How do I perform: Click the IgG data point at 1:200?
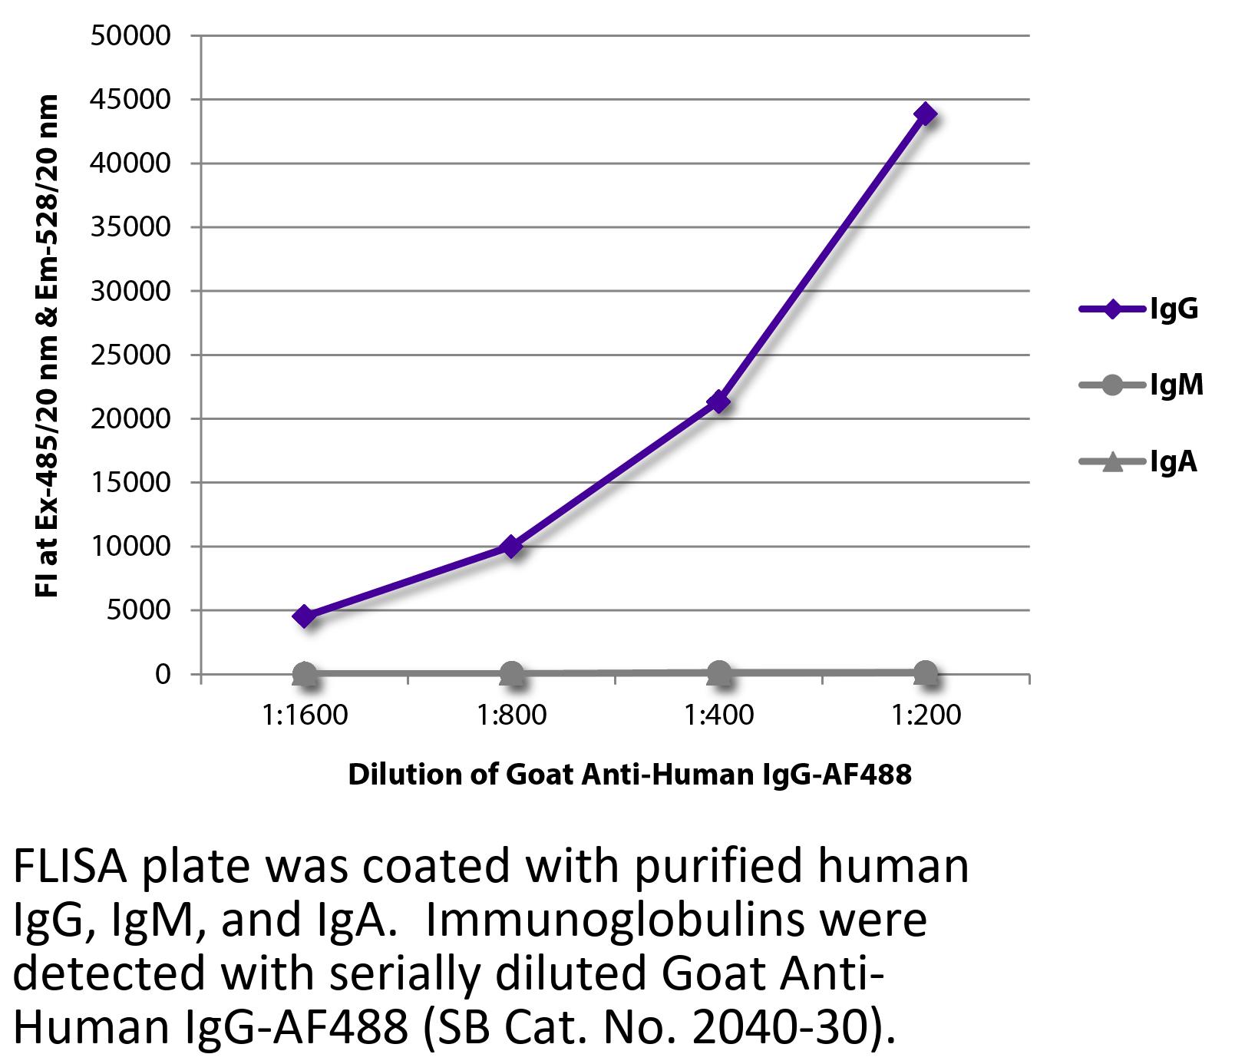pyautogui.click(x=926, y=114)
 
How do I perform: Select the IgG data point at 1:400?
pyautogui.click(x=718, y=401)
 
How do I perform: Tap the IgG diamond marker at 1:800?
pyautogui.click(x=511, y=547)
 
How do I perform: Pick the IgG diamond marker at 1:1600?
pyautogui.click(x=305, y=616)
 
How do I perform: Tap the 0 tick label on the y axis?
pyautogui.click(x=162, y=675)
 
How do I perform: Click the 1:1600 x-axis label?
pyautogui.click(x=305, y=715)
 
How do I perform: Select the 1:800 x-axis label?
pyautogui.click(x=511, y=715)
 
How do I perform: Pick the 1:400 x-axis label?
pyautogui.click(x=718, y=715)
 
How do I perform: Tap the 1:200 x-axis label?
pyautogui.click(x=926, y=715)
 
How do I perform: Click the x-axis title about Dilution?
pyautogui.click(x=629, y=775)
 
